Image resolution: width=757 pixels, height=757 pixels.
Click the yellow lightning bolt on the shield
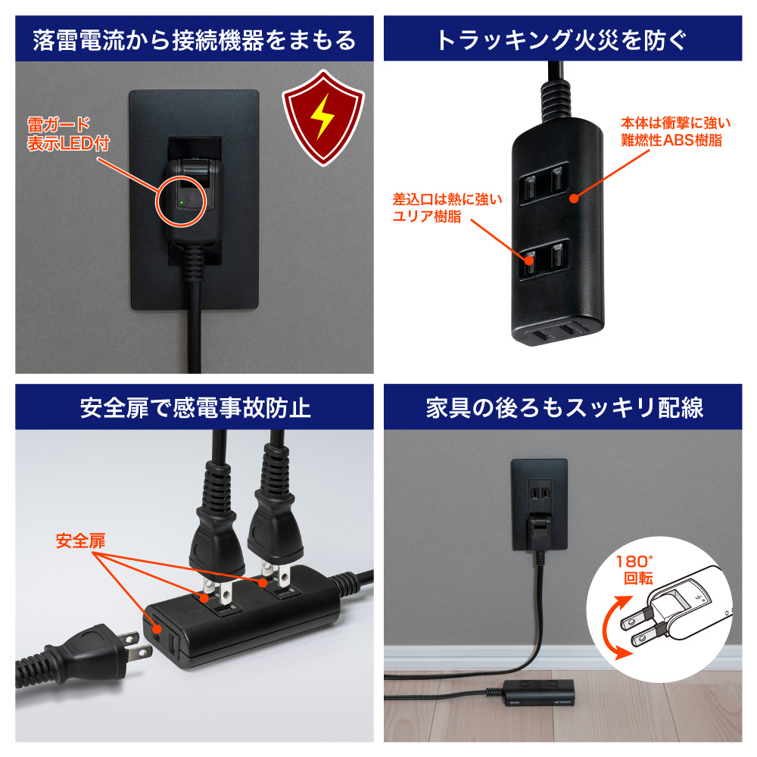click(x=322, y=116)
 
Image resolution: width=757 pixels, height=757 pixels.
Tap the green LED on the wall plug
click(x=181, y=203)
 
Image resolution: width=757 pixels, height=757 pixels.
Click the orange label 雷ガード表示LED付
click(x=68, y=134)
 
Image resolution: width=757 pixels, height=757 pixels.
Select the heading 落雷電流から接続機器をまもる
click(x=194, y=40)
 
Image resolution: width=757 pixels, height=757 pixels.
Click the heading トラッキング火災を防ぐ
click(x=562, y=40)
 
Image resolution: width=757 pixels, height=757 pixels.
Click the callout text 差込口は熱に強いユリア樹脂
click(x=447, y=207)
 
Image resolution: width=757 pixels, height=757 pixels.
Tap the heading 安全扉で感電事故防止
click(x=195, y=407)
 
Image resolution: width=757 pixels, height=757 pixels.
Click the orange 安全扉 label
click(x=80, y=540)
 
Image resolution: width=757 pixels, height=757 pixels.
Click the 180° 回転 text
click(x=635, y=570)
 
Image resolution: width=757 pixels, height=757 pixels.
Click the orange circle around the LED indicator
click(x=181, y=201)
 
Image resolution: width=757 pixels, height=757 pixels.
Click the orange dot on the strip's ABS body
click(x=574, y=198)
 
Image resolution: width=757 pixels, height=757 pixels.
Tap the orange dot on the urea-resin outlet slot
click(x=530, y=260)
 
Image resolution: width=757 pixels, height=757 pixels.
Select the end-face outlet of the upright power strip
click(x=558, y=332)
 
